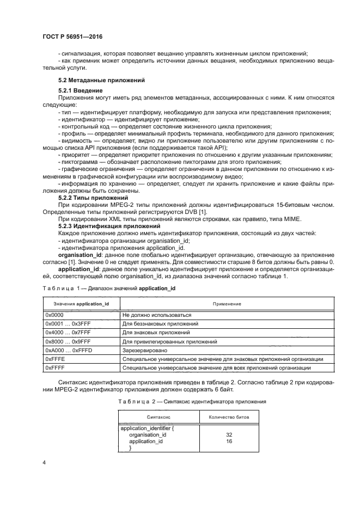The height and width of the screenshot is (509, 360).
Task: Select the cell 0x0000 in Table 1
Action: [55, 315]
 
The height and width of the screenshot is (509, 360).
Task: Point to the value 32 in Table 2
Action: [229, 435]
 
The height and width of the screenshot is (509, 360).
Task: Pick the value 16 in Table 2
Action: [229, 441]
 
